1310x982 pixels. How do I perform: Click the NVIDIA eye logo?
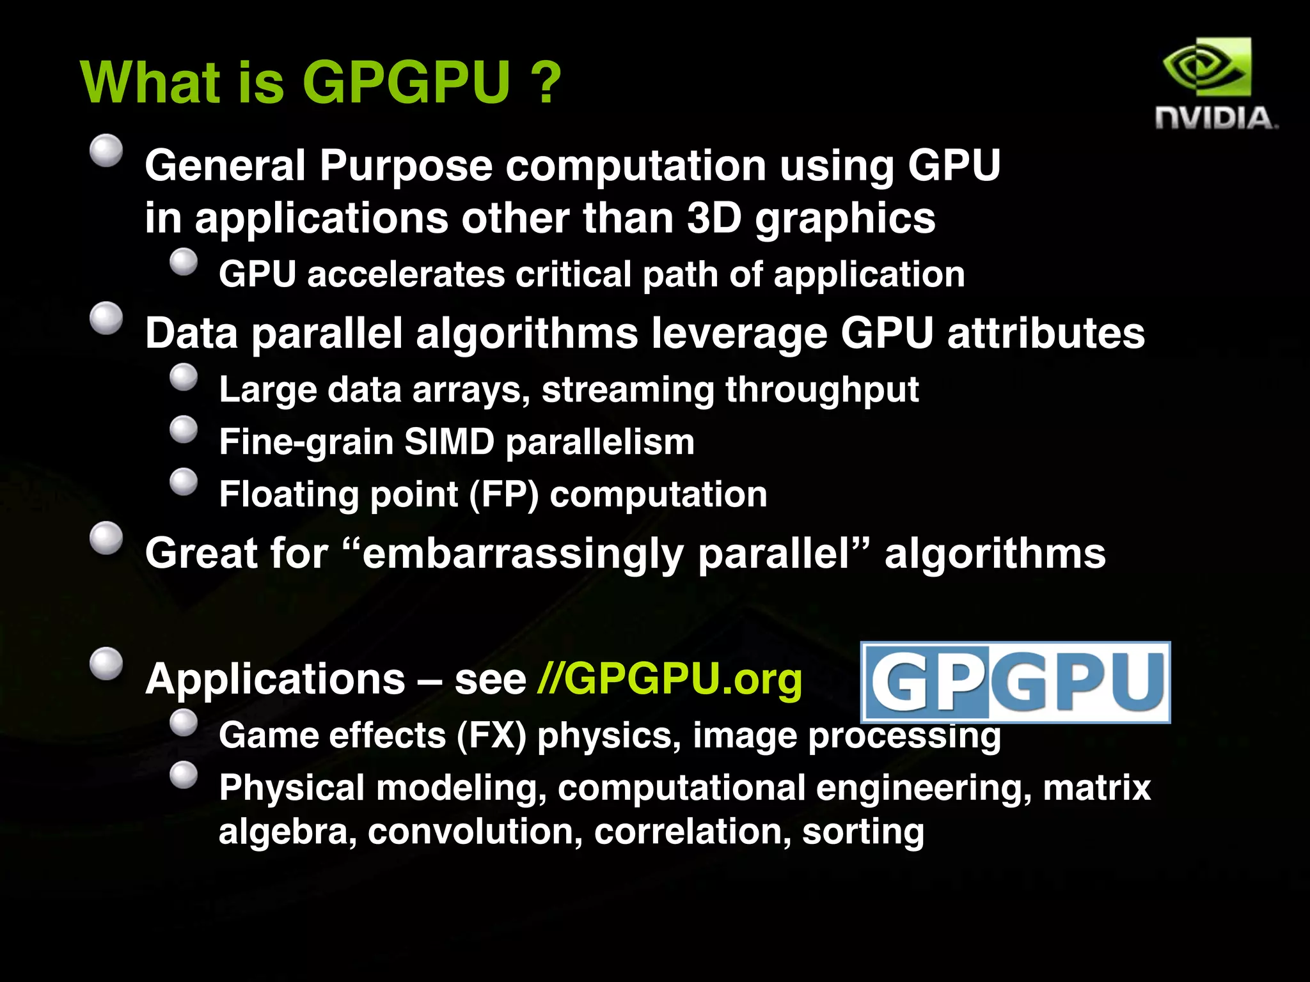point(1206,67)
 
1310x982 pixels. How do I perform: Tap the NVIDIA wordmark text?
point(1215,119)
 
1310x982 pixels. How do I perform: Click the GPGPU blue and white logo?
point(1015,682)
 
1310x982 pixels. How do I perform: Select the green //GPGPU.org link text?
point(670,678)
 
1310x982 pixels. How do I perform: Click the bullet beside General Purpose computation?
point(106,151)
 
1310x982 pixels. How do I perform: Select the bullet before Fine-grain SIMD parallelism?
point(184,430)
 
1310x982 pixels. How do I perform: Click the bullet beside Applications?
point(106,664)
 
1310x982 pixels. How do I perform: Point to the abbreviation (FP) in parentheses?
point(504,494)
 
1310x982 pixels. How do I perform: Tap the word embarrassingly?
point(523,554)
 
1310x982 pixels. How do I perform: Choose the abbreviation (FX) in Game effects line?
point(491,735)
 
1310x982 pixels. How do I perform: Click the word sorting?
point(863,832)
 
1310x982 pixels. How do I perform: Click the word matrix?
point(1096,788)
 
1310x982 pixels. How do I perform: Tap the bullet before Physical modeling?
point(184,775)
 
